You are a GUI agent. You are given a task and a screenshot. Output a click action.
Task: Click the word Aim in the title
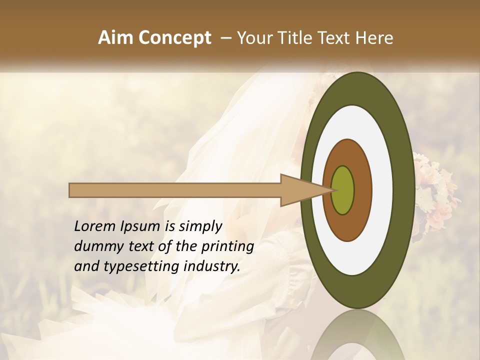point(115,38)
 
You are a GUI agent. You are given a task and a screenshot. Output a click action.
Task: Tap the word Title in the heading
point(299,38)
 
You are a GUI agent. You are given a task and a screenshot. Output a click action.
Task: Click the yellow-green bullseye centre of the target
point(343,190)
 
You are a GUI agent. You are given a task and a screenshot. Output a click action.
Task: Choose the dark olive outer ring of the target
point(404,190)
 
